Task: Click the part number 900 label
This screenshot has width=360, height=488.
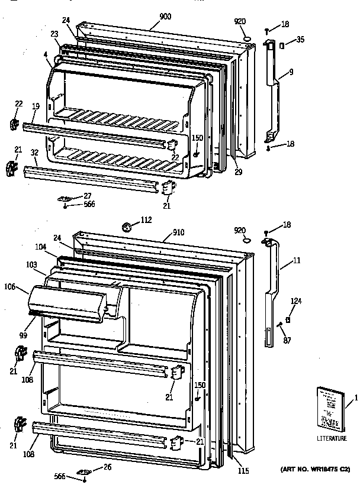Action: click(165, 17)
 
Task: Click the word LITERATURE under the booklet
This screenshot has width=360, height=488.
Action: click(330, 438)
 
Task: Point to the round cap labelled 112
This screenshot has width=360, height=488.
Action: click(126, 225)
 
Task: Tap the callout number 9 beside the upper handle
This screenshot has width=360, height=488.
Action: click(291, 73)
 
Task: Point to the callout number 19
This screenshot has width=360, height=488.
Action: click(36, 106)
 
